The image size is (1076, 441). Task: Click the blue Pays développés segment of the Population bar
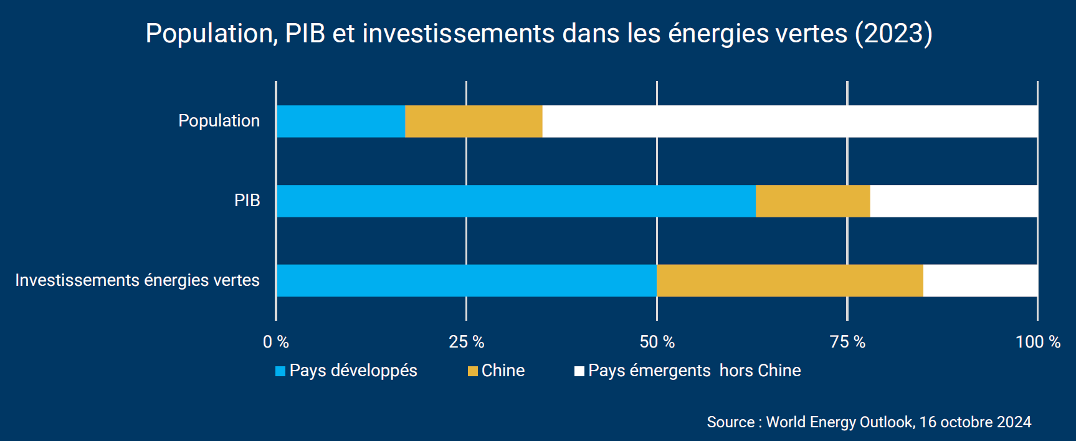pos(341,121)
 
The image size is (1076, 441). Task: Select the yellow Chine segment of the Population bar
pos(474,121)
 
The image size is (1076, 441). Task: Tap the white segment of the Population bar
pos(789,121)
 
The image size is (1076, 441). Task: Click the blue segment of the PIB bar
pos(516,201)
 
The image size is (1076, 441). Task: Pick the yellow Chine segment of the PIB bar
pos(812,201)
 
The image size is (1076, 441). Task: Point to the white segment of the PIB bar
pos(953,201)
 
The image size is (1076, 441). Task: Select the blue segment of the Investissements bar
pos(466,281)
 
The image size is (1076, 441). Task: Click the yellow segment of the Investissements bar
pos(789,281)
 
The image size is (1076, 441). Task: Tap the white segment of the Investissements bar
pos(980,281)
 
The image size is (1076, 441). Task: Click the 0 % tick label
pos(276,342)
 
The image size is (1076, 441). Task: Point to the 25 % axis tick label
pos(467,342)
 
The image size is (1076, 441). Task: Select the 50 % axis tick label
pos(657,342)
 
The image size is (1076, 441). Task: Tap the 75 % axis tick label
pos(847,342)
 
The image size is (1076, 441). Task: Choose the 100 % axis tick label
pos(1038,342)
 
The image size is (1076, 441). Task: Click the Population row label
pos(219,121)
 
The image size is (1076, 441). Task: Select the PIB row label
pos(247,201)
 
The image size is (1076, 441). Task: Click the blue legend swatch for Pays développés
pos(280,371)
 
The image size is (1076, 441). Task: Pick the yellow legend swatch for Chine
pos(473,371)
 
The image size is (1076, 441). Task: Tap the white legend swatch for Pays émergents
pos(579,371)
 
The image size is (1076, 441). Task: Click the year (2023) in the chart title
pos(893,34)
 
